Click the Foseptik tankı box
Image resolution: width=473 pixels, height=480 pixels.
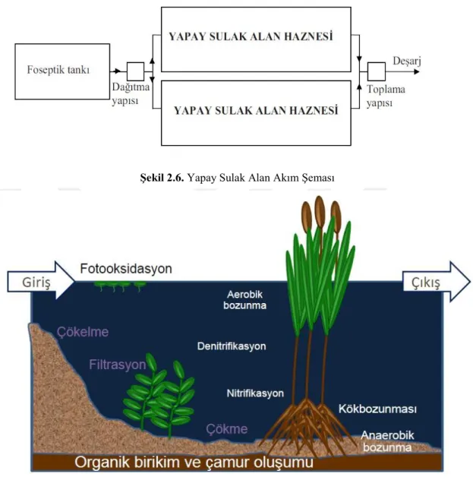tap(62, 71)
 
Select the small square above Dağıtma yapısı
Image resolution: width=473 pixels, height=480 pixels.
tap(136, 71)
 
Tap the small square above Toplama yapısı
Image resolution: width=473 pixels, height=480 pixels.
tap(377, 71)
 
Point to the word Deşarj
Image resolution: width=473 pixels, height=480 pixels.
tap(407, 62)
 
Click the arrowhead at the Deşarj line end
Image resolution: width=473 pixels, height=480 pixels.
tap(416, 71)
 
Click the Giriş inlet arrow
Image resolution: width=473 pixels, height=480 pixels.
tap(41, 280)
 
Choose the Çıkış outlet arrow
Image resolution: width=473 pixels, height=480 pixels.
tap(437, 281)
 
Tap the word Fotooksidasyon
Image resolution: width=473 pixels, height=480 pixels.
tap(126, 269)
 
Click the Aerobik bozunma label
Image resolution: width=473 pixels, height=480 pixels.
tap(244, 300)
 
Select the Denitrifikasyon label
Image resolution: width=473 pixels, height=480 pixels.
tap(232, 346)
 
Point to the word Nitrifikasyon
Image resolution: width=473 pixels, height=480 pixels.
tap(255, 393)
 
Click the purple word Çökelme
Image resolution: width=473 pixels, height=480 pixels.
tap(83, 332)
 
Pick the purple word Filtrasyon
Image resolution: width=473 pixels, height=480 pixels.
tap(118, 365)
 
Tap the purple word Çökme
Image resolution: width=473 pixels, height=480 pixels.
tap(227, 429)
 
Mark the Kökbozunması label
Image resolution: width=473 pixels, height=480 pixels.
tap(377, 409)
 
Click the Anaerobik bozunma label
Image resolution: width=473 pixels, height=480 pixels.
tap(387, 441)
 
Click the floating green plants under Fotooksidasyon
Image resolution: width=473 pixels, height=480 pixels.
tap(120, 286)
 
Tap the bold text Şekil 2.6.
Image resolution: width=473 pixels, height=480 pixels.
tap(162, 178)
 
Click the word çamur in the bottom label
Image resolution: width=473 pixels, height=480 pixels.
tap(224, 463)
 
